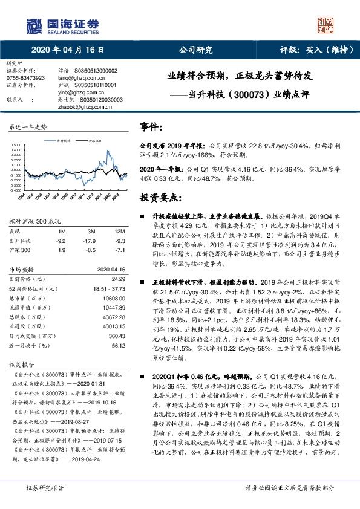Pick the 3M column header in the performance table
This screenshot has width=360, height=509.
coord(91,231)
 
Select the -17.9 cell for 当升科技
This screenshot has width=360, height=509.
coord(91,240)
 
